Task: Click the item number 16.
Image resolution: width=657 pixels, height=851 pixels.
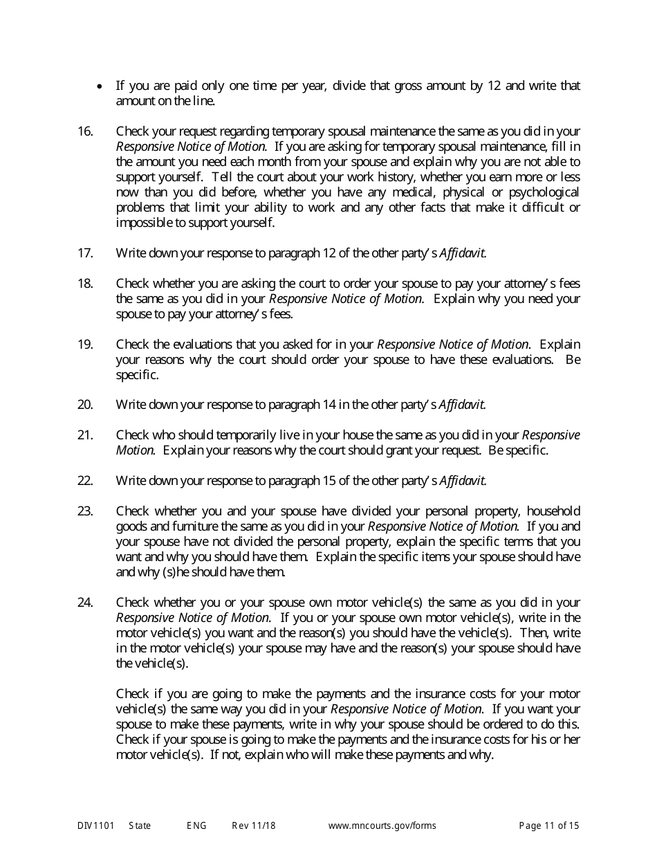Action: tap(85, 131)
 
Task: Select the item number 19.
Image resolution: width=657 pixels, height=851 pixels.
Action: tap(85, 345)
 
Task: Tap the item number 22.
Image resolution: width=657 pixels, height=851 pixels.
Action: tap(85, 481)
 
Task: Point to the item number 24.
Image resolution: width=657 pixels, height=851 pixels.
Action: tap(85, 603)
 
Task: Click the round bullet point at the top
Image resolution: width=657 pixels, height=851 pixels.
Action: tap(102, 86)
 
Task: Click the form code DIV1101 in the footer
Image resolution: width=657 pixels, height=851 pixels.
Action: tap(93, 825)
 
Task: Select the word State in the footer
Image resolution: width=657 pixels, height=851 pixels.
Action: tap(139, 825)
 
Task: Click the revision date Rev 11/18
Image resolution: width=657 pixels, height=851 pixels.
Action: tap(254, 825)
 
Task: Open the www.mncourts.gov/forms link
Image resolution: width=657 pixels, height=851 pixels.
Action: tap(382, 825)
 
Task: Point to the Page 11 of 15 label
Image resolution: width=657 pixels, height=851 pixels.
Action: tap(549, 825)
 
